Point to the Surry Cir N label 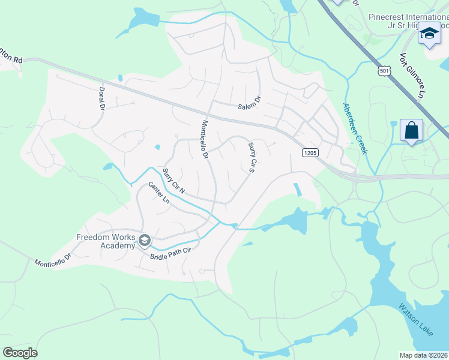(174, 180)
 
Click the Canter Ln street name (158, 194)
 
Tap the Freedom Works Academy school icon (145, 241)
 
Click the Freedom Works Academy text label (106, 241)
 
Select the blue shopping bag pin (412, 130)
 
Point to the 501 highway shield (382, 71)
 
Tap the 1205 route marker (310, 153)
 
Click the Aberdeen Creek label (355, 128)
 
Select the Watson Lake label (414, 318)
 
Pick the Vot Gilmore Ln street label (412, 76)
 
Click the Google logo (20, 352)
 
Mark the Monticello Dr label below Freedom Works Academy (53, 260)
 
